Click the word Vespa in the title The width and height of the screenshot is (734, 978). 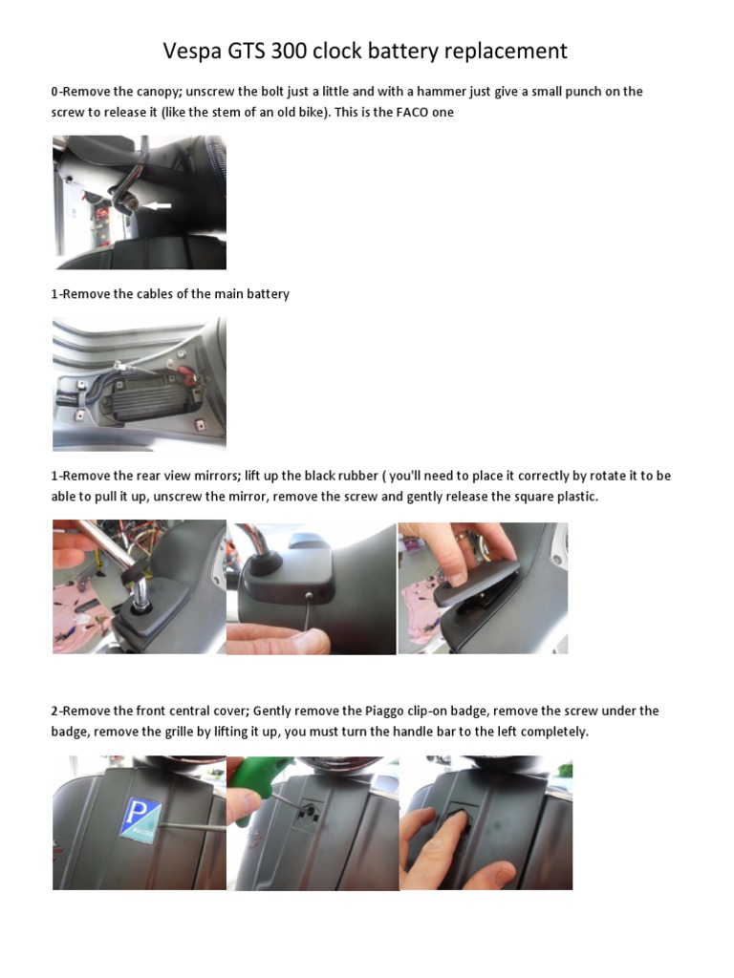pos(195,50)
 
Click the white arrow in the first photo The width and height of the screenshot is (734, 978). pos(156,205)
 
